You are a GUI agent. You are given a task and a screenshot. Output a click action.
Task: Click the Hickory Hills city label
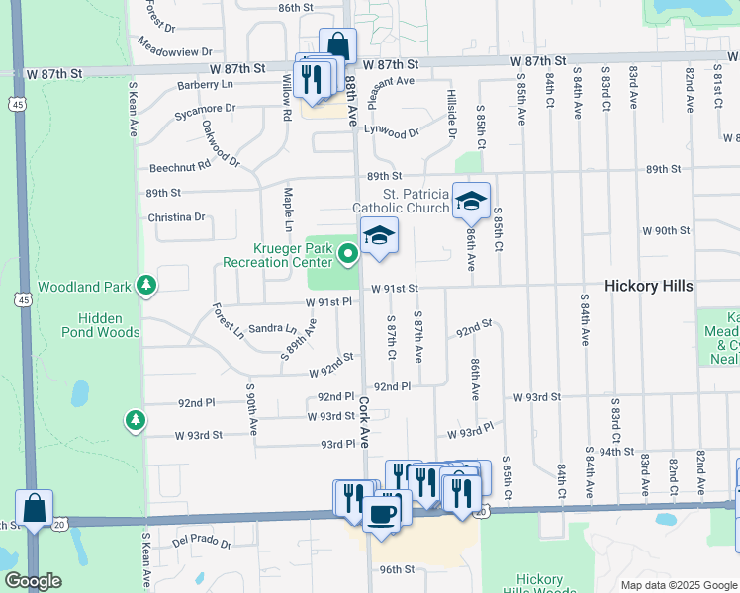(x=649, y=286)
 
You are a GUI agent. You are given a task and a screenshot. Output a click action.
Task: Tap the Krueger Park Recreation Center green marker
(x=347, y=255)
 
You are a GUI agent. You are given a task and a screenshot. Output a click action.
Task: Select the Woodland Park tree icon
(x=146, y=287)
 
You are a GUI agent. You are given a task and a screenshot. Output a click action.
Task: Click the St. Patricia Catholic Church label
(x=401, y=201)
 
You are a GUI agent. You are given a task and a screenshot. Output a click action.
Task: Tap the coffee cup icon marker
(x=382, y=513)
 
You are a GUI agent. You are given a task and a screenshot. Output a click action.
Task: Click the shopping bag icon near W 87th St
(x=337, y=45)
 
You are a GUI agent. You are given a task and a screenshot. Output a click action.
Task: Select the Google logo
(x=32, y=581)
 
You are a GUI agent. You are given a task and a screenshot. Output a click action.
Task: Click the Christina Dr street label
(x=176, y=217)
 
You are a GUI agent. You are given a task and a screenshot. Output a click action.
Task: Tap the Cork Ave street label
(x=365, y=422)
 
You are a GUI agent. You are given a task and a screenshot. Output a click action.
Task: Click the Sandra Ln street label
(x=272, y=328)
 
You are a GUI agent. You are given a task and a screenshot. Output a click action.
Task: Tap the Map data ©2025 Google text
(x=679, y=585)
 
